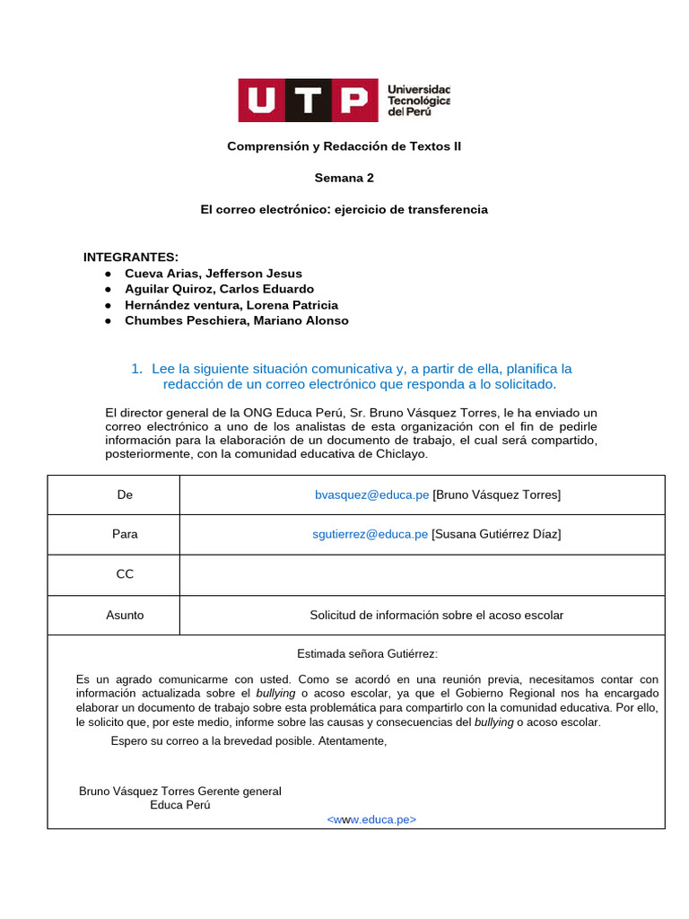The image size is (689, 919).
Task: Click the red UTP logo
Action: pyautogui.click(x=306, y=101)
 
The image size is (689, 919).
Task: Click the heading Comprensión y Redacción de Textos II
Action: pyautogui.click(x=344, y=145)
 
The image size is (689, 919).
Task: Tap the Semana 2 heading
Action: pyautogui.click(x=344, y=178)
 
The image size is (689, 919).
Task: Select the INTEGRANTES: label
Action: pyautogui.click(x=131, y=257)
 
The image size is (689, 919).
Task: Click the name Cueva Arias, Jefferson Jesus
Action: pyautogui.click(x=214, y=274)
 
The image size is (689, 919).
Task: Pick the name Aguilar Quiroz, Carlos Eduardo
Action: pyautogui.click(x=219, y=289)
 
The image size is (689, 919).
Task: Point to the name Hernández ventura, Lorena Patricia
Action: pyautogui.click(x=231, y=305)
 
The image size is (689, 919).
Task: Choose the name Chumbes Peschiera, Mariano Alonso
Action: pyautogui.click(x=237, y=320)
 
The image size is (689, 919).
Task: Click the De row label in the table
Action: pyautogui.click(x=125, y=495)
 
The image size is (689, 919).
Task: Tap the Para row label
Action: pyautogui.click(x=125, y=534)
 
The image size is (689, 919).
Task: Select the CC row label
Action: pyautogui.click(x=125, y=574)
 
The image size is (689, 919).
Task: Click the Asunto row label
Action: pyautogui.click(x=125, y=615)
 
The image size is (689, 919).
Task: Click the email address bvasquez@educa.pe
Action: pyautogui.click(x=371, y=495)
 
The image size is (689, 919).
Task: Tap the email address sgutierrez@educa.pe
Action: pyautogui.click(x=370, y=534)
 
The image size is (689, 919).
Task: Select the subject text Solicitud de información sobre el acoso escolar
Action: pyautogui.click(x=436, y=615)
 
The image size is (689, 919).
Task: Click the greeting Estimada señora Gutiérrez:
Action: pyautogui.click(x=367, y=653)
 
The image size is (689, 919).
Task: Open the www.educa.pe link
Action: pyautogui.click(x=371, y=819)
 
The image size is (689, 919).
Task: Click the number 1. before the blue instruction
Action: pyautogui.click(x=137, y=369)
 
